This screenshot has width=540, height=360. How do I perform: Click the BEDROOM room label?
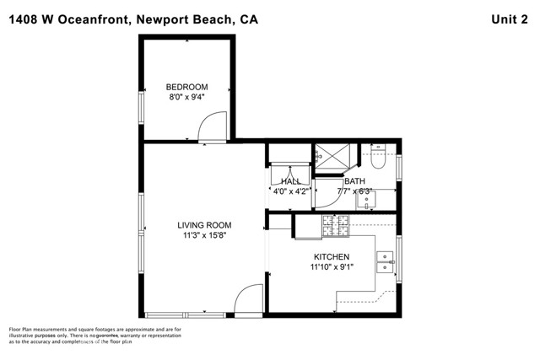point(186,87)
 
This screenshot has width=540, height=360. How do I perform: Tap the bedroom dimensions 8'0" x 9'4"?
point(186,97)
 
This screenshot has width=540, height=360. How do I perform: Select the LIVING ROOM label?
point(204,225)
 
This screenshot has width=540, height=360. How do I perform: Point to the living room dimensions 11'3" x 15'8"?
point(204,235)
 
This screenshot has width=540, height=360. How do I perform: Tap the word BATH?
point(354,181)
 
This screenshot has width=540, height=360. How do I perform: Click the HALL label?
point(291,181)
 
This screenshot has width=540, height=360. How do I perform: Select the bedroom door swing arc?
point(208,129)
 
